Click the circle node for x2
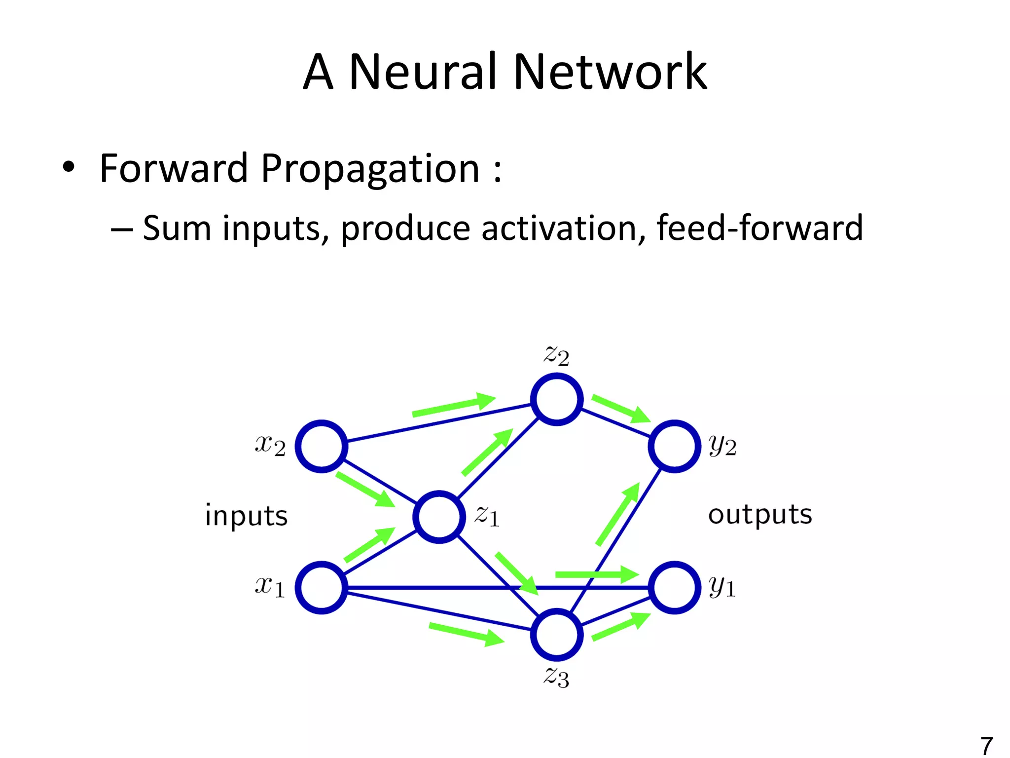click(322, 446)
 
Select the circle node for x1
click(322, 587)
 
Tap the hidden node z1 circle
click(439, 517)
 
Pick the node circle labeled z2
click(557, 399)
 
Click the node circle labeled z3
click(557, 634)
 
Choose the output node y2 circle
click(674, 446)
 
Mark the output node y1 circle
click(674, 587)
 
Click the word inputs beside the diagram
click(246, 516)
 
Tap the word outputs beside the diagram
click(759, 515)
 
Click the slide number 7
click(986, 745)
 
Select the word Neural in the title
click(422, 72)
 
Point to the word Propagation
click(370, 169)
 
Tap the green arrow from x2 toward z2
click(454, 405)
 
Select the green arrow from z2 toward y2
click(620, 409)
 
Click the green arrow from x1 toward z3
click(466, 634)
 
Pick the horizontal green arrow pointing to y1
click(597, 574)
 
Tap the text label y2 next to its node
click(722, 446)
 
